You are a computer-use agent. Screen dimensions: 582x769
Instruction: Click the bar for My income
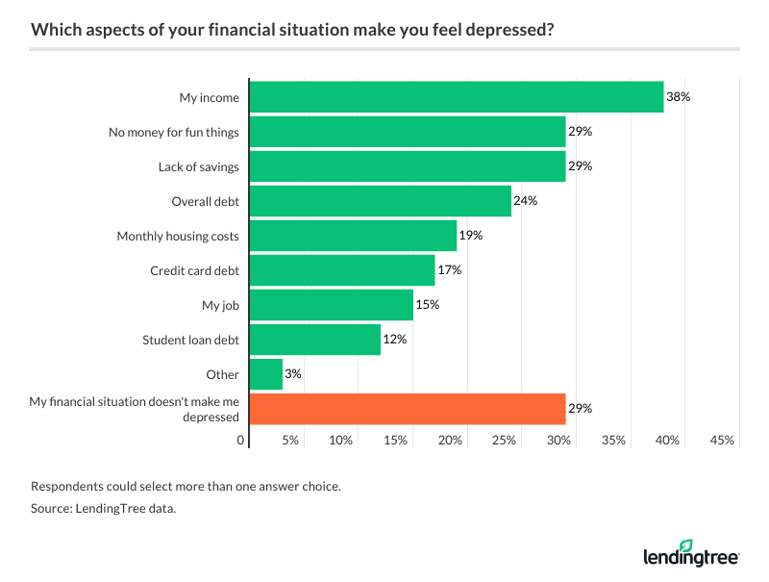point(457,97)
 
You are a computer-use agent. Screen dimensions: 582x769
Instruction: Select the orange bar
point(408,409)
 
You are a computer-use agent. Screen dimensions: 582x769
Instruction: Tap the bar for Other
point(266,374)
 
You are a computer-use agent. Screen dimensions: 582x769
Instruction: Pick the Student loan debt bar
point(315,340)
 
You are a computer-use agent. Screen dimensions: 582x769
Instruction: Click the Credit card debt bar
point(342,270)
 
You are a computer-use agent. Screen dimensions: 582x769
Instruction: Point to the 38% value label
point(679,97)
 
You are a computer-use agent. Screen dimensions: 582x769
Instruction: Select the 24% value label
point(526,201)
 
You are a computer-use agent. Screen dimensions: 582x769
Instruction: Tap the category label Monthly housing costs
point(178,236)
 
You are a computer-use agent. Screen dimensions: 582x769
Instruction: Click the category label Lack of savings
point(199,166)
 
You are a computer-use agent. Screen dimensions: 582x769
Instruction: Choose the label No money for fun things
point(174,132)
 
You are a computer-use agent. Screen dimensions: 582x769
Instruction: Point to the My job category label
point(220,305)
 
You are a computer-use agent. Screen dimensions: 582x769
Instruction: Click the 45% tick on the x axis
point(722,440)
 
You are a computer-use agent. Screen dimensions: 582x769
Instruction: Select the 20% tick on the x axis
point(450,440)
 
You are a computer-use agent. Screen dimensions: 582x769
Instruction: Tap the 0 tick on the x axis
point(241,440)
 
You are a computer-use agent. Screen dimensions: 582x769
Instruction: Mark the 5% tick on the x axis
point(290,440)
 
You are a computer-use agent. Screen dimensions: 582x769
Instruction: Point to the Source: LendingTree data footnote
point(103,509)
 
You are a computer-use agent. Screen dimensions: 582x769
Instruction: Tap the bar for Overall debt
point(381,201)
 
